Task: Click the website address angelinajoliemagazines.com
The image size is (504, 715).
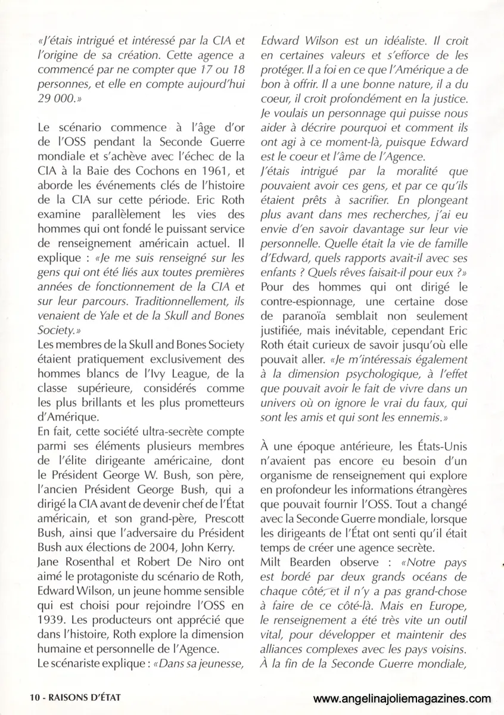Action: point(403,699)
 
